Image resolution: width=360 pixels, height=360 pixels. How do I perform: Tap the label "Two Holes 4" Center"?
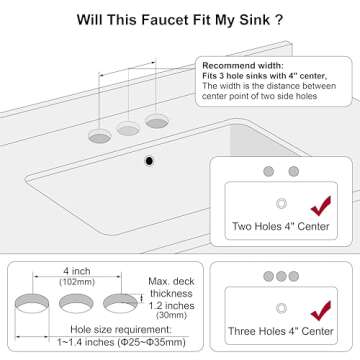point(280,227)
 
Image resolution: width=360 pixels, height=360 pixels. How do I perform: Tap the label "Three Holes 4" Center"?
point(280,330)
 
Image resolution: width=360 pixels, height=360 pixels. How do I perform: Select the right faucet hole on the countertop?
point(155,121)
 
